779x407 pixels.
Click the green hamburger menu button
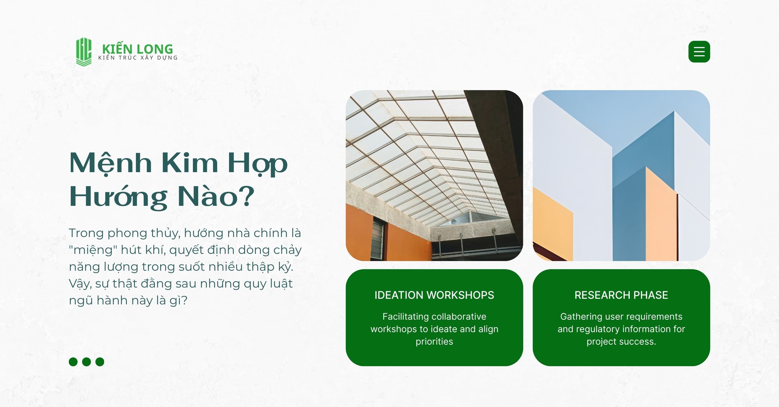pos(699,51)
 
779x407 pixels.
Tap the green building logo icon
pos(84,52)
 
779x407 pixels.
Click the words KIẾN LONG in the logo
pos(137,49)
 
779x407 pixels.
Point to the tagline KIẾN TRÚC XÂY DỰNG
pos(138,58)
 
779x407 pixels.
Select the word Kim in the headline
pos(189,162)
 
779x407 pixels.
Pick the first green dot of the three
pos(73,362)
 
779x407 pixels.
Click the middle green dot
pos(87,362)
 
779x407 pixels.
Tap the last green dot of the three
pos(100,362)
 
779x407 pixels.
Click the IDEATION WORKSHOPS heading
pos(434,295)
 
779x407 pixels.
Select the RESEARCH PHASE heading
pos(621,295)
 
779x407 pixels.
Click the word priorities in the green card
pos(434,342)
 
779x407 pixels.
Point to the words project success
pos(621,342)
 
